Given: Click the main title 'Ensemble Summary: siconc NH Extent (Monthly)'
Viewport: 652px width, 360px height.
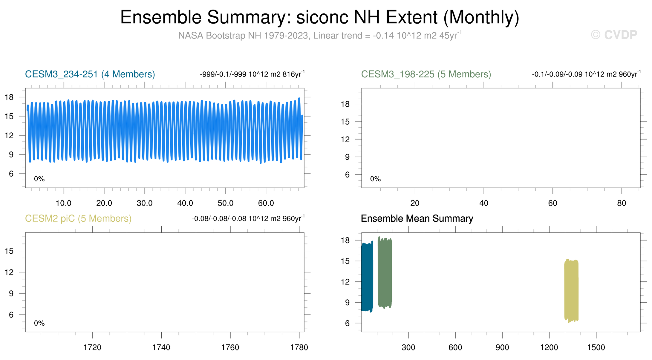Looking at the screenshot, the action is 320,17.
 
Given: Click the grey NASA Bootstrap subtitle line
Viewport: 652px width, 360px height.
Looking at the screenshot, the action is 320,35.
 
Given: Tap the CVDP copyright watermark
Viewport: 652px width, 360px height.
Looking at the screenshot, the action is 614,35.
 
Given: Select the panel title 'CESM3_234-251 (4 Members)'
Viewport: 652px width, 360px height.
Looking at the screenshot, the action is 90,74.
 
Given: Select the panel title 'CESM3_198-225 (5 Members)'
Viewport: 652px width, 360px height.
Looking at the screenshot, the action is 426,74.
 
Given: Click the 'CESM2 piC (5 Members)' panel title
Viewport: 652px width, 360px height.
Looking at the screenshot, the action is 78,218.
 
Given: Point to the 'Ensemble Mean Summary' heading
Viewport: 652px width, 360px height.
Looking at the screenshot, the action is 417,218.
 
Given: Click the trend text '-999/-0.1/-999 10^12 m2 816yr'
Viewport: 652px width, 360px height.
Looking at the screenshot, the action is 252,74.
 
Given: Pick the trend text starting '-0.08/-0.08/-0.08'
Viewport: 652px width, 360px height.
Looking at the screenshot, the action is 248,218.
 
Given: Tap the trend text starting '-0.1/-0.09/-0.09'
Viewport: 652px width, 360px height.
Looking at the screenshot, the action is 586,74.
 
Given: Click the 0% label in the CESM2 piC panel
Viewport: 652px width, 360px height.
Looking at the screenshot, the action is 39,323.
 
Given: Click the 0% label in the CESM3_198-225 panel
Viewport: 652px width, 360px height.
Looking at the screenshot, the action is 375,179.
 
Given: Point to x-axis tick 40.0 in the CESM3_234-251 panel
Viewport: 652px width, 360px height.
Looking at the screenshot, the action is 185,203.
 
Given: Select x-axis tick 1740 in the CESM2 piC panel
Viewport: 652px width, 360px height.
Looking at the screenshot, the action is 161,347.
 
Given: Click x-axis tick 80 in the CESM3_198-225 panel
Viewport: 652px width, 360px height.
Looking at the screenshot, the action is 622,203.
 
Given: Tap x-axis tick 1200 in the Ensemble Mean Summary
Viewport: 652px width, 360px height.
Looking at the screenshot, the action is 549,347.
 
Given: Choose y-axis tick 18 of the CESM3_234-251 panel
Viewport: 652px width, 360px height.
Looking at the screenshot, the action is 9,97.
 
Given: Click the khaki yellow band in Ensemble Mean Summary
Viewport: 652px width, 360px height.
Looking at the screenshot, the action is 571,291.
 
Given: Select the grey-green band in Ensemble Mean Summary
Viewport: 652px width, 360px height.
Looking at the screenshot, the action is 385,272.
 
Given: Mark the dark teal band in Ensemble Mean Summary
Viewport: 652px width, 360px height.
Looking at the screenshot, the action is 367,277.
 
